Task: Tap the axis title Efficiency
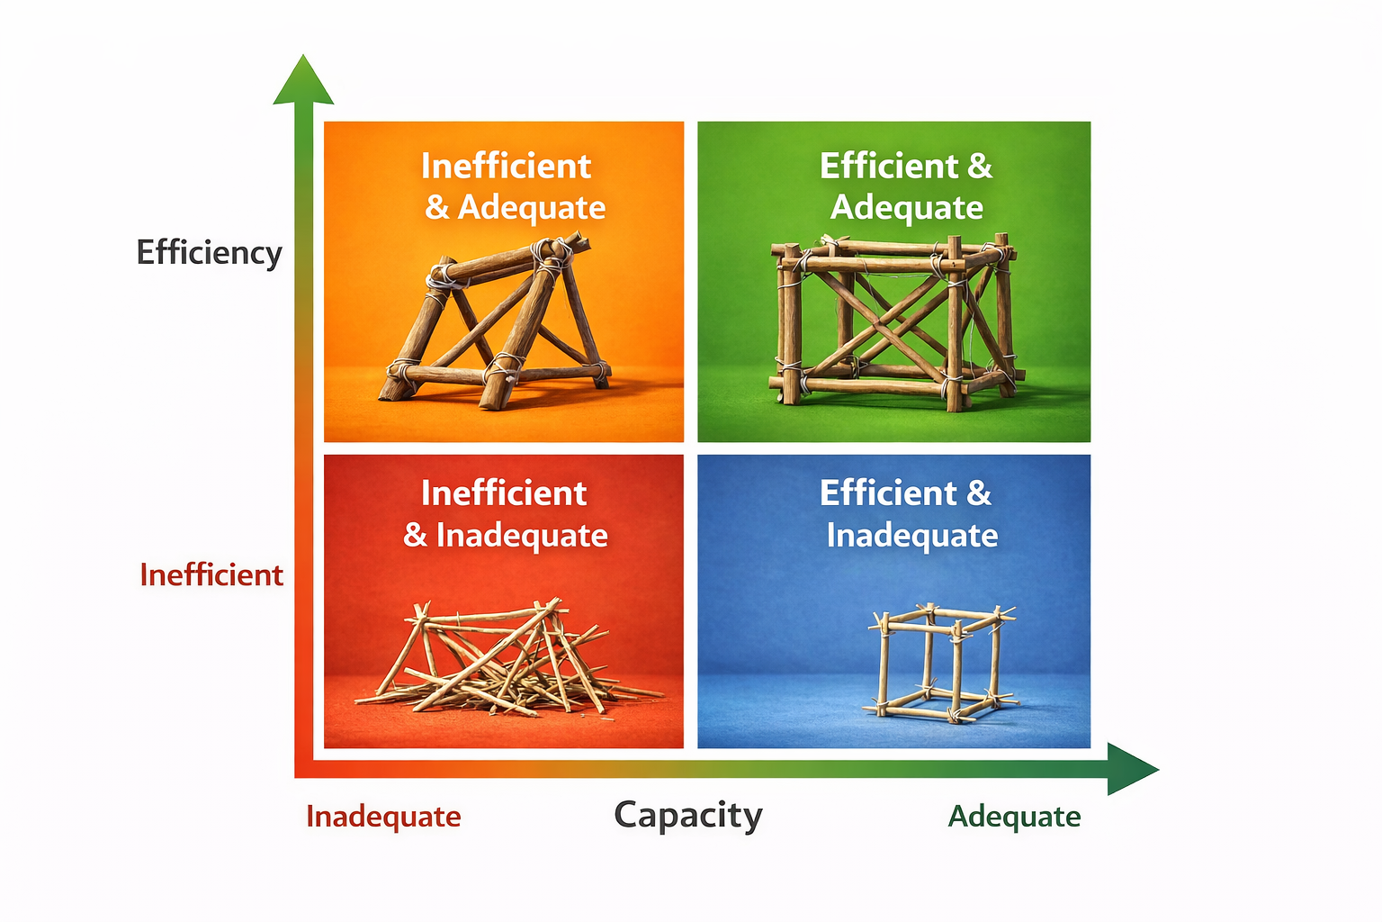tap(209, 252)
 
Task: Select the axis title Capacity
tap(688, 815)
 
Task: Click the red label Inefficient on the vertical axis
tap(211, 574)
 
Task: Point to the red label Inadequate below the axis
tap(383, 816)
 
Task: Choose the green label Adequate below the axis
tap(1014, 816)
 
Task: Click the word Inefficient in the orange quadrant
tap(506, 167)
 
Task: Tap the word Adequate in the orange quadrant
tap(532, 208)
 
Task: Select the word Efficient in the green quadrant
tap(889, 167)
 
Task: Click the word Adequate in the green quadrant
tap(907, 208)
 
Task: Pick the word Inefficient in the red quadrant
tap(504, 493)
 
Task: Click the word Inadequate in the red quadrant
tap(522, 536)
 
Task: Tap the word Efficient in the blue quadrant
tap(889, 493)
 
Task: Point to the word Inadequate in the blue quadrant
tap(912, 536)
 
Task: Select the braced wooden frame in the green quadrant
tap(895, 320)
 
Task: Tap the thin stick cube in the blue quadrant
tap(940, 662)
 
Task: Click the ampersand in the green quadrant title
tap(980, 167)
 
